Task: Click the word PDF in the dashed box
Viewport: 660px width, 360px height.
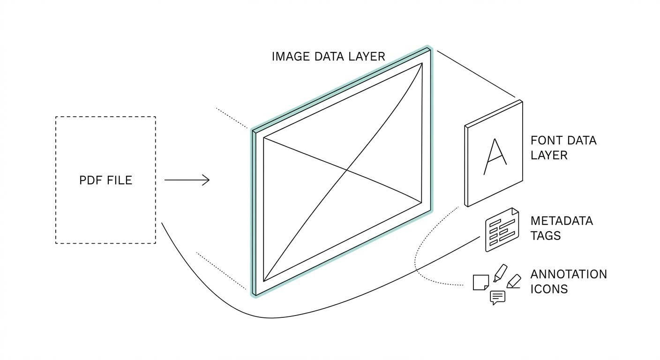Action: point(91,180)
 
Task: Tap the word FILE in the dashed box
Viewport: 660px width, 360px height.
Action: point(120,180)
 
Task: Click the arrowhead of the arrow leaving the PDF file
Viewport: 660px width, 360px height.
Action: point(206,180)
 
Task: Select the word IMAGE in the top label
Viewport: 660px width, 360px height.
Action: point(291,57)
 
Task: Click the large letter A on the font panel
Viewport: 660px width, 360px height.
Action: point(495,157)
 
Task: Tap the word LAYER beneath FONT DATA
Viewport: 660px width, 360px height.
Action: point(549,156)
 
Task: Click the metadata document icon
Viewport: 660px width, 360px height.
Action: point(502,230)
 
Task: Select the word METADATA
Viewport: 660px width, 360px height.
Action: point(562,221)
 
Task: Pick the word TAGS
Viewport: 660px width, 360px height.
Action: point(545,236)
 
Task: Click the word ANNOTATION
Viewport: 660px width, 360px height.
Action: point(569,274)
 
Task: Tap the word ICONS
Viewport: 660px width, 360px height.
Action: point(549,289)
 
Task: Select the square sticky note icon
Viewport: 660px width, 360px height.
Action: point(481,283)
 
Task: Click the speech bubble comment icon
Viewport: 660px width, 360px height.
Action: point(498,298)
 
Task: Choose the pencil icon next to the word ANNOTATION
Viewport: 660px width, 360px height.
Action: point(514,281)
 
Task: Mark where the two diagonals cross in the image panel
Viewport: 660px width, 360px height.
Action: point(347,170)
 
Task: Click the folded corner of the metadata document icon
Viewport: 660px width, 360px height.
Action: point(515,211)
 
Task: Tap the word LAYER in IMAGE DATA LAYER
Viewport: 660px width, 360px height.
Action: point(367,57)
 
